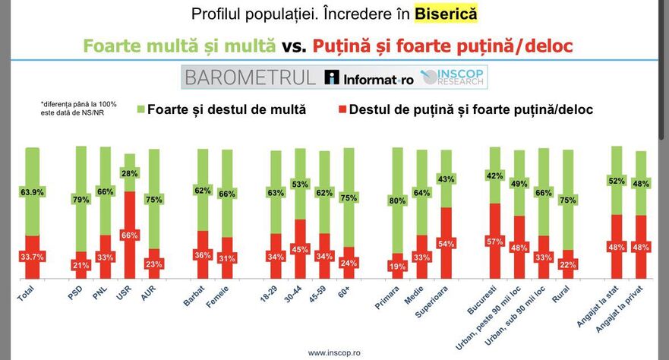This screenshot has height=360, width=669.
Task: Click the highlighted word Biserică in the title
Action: [x=446, y=14]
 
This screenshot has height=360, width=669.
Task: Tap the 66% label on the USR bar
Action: [x=129, y=235]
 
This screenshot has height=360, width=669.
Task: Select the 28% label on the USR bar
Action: [x=129, y=174]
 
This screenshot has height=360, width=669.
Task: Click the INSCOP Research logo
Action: [x=453, y=77]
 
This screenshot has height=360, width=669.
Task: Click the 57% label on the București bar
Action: [x=494, y=242]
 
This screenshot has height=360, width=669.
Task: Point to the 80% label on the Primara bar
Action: [x=396, y=201]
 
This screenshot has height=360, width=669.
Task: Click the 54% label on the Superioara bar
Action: [x=447, y=244]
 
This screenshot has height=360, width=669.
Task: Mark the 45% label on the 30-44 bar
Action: [x=299, y=249]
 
